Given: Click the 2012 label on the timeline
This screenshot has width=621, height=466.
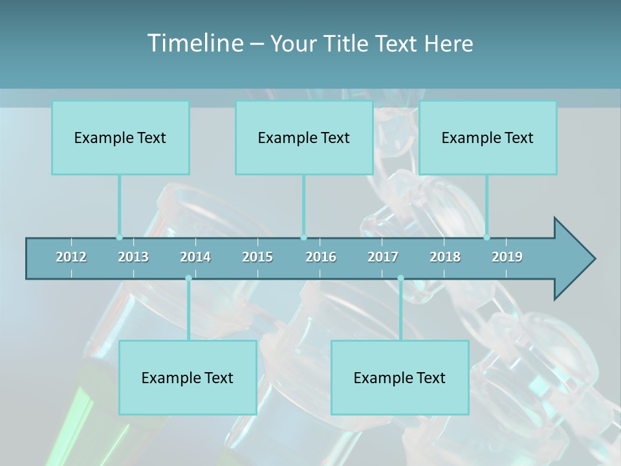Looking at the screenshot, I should (71, 257).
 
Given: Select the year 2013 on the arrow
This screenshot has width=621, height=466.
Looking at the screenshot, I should (133, 257).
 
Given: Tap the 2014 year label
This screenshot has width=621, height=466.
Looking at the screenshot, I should (195, 257).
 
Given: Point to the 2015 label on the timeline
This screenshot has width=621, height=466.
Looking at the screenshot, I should (257, 257).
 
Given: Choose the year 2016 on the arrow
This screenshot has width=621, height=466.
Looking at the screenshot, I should (321, 257).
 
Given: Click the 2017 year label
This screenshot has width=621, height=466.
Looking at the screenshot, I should (383, 257).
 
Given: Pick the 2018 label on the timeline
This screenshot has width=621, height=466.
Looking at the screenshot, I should (445, 257).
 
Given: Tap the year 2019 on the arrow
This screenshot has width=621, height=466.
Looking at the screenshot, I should (507, 257).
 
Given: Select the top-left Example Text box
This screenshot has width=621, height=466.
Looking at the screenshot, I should (120, 138).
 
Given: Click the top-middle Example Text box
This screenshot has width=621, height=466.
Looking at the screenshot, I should (304, 138).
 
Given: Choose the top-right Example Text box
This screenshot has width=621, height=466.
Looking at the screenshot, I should (488, 138).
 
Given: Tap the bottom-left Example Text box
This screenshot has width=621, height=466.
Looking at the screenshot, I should (188, 378).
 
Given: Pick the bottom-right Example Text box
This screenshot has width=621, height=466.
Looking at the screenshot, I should (400, 378).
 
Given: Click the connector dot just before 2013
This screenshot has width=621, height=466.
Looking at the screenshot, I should (119, 238).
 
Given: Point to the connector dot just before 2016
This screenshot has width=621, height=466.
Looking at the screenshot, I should (303, 238).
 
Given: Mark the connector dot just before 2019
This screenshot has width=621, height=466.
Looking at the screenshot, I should (486, 238).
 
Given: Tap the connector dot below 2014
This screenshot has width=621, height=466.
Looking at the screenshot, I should (188, 278).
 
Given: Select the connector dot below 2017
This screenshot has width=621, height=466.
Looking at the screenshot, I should (400, 278).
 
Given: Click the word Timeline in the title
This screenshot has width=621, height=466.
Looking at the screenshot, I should (195, 43).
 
